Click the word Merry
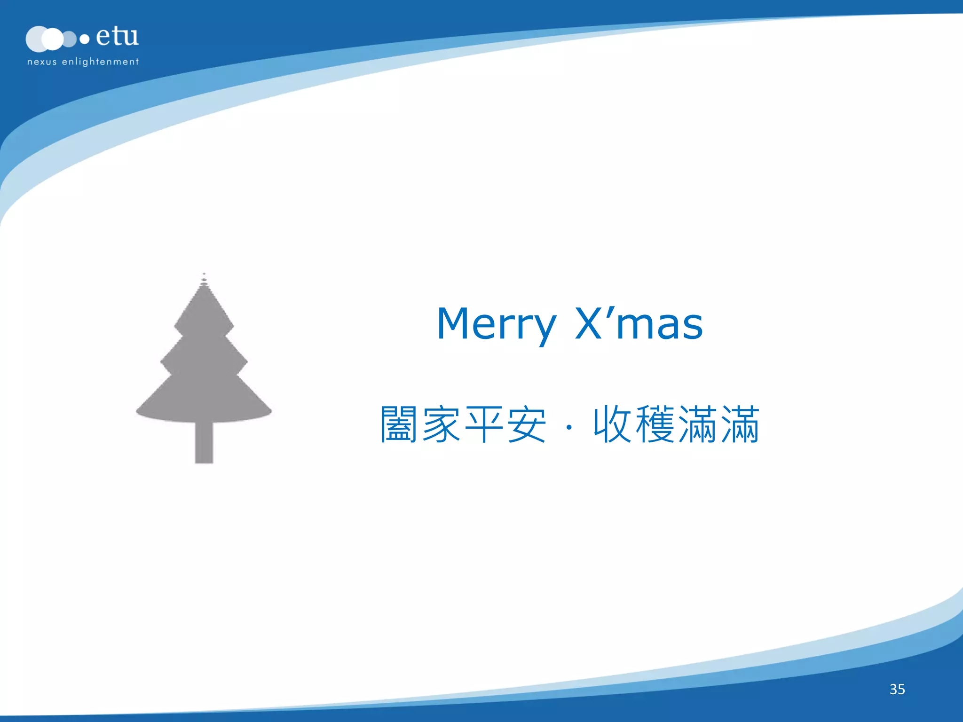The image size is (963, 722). tap(496, 324)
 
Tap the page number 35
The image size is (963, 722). tap(897, 689)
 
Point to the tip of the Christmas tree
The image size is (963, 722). tap(204, 275)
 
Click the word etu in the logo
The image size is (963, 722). tap(117, 36)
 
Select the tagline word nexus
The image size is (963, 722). tap(42, 62)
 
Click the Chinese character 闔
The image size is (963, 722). tap(399, 424)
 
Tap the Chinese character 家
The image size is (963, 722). tap(441, 424)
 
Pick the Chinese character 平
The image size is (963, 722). tap(484, 424)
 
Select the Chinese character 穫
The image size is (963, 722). tap(655, 424)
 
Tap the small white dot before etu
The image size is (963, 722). tap(85, 39)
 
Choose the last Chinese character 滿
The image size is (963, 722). tap(740, 424)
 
